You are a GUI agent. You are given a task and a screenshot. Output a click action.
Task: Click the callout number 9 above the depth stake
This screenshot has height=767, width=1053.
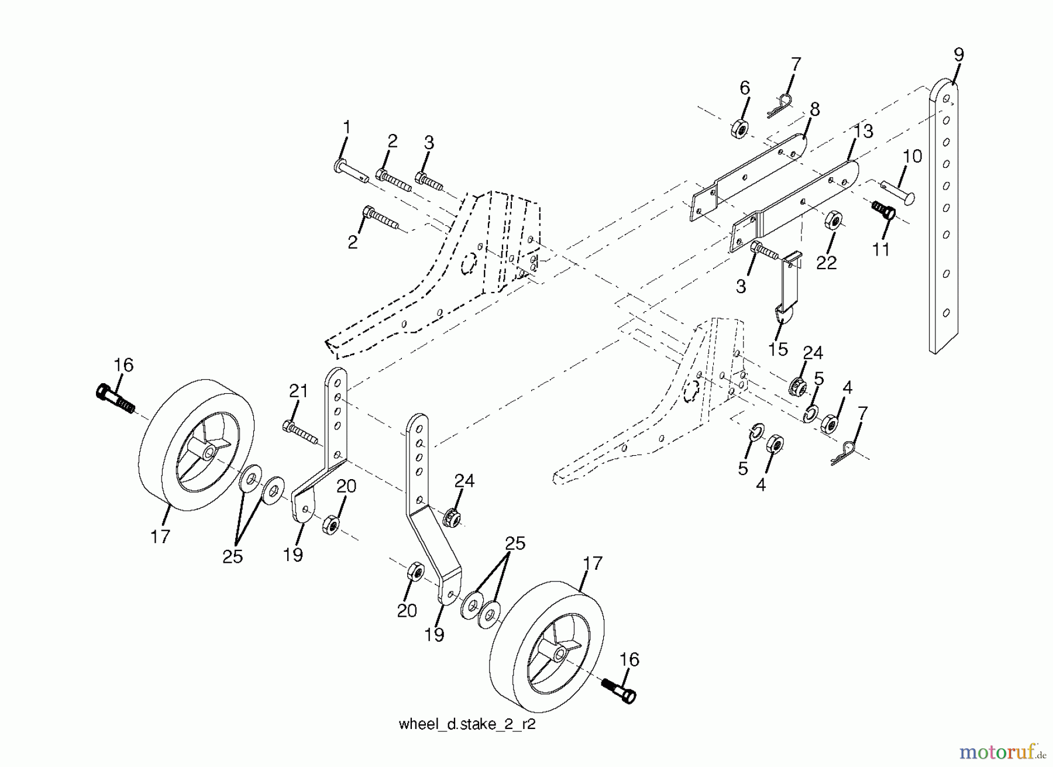pos(958,55)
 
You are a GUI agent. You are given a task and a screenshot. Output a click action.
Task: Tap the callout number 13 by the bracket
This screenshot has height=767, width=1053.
pos(863,131)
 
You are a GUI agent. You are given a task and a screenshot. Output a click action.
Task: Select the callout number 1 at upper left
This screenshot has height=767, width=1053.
pos(347,127)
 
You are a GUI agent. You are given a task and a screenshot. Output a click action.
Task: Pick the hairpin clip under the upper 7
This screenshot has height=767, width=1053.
pos(780,105)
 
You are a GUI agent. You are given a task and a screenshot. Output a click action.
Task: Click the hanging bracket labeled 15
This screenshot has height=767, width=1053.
pos(788,287)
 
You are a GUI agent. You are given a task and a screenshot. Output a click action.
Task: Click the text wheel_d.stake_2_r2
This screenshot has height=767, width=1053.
pos(467,724)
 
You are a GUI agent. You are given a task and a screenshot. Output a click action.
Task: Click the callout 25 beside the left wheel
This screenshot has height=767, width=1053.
pos(233,556)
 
